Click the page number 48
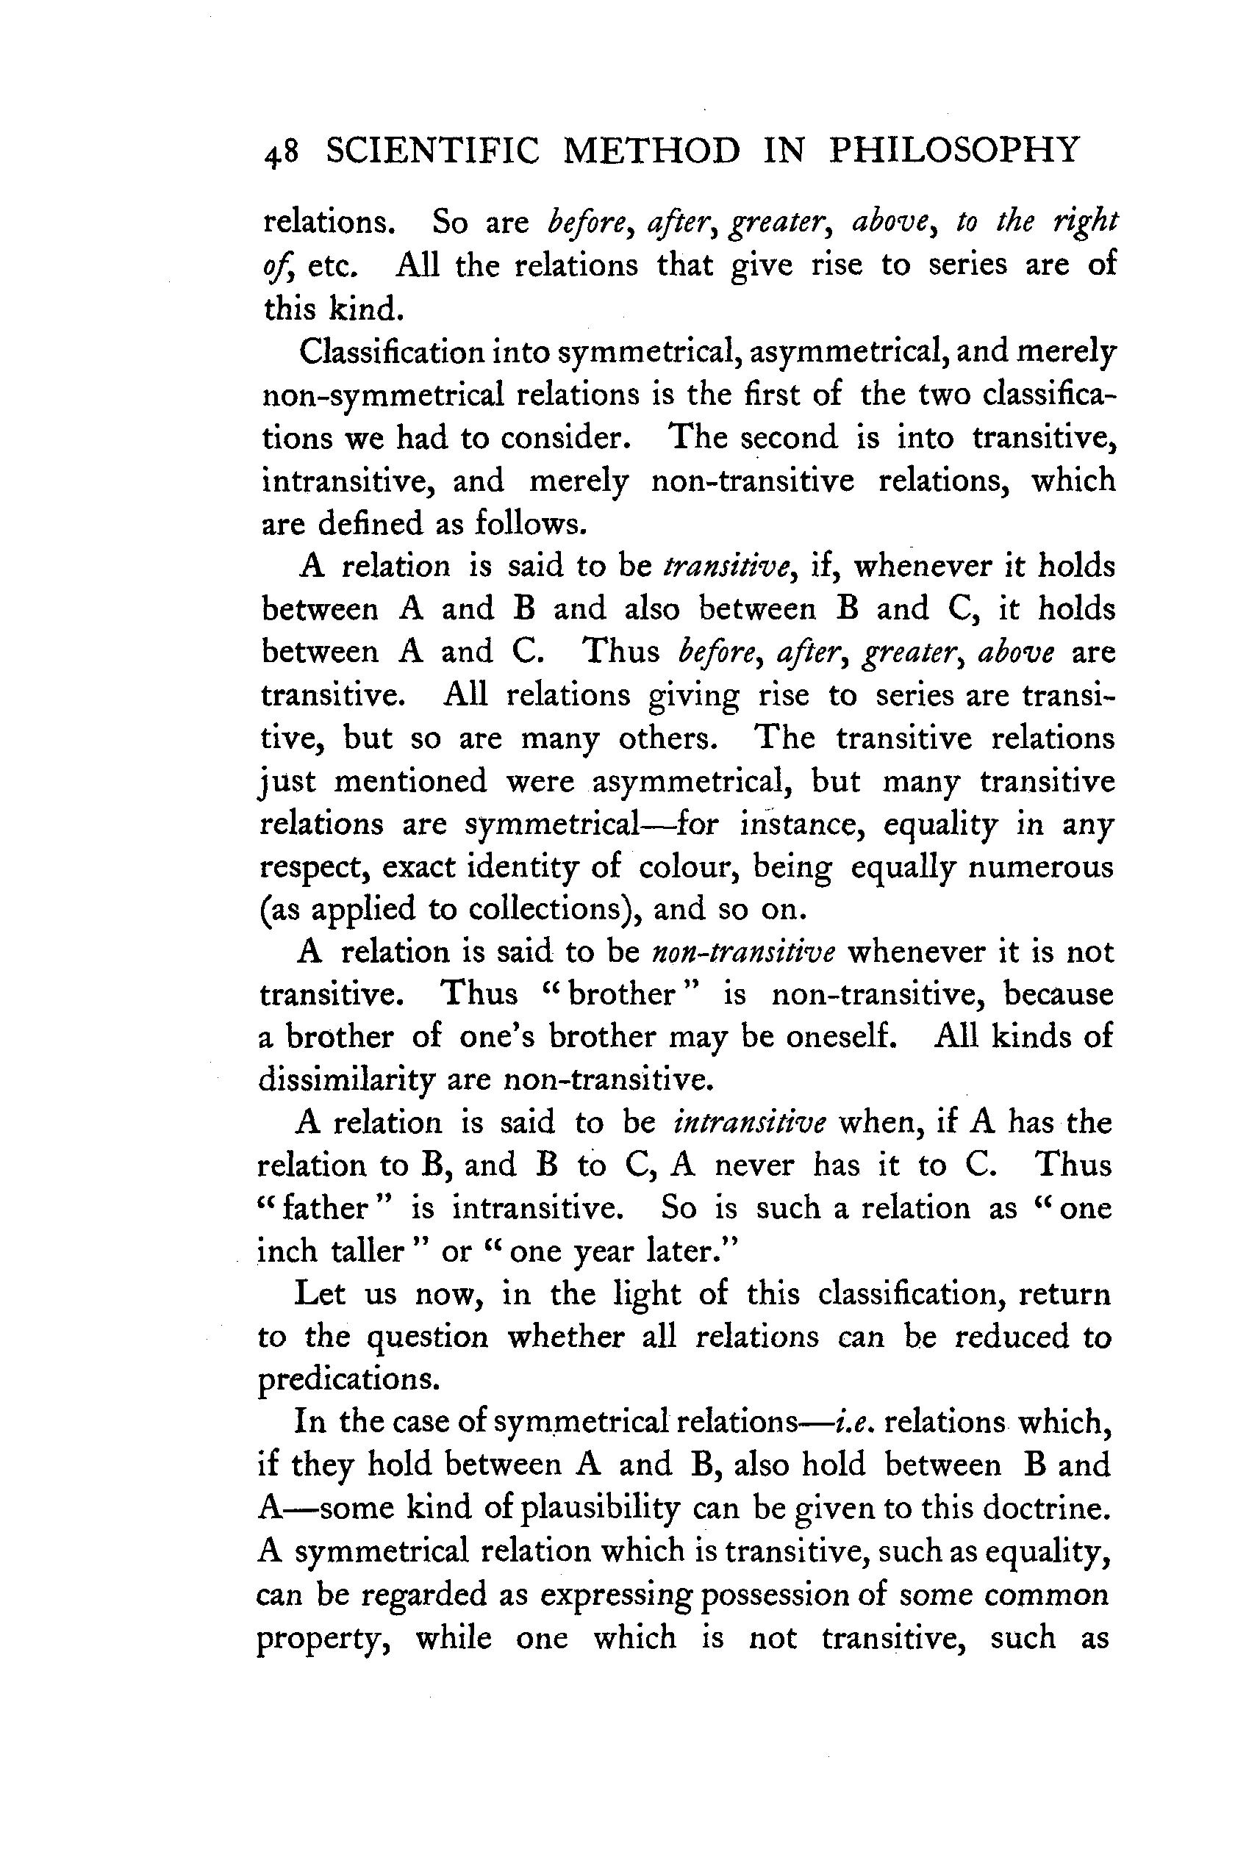[x=281, y=152]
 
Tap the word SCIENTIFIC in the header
[x=432, y=151]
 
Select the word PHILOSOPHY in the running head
[x=953, y=151]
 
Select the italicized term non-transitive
[x=744, y=952]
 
